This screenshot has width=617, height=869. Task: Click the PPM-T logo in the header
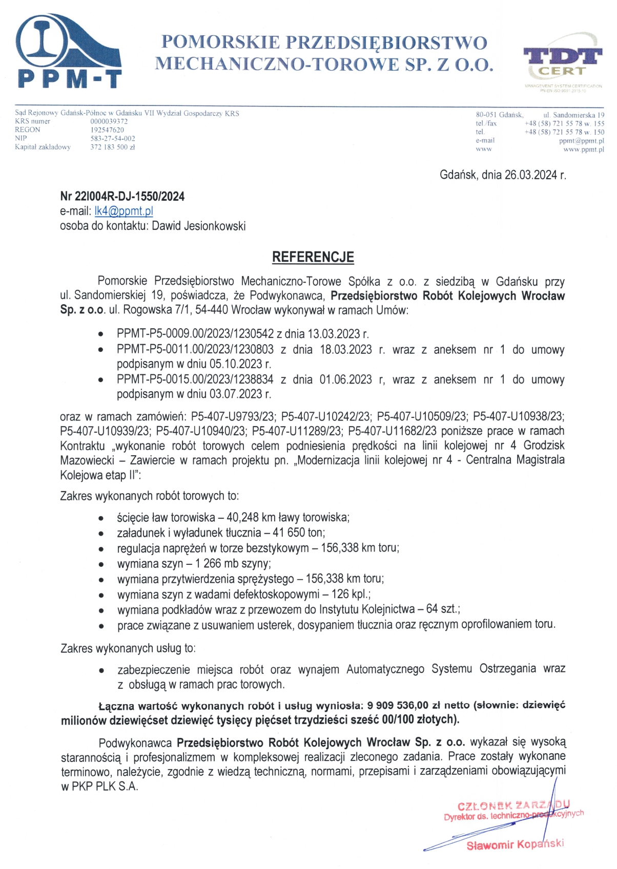(x=69, y=51)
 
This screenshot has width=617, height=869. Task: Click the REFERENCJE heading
(x=313, y=257)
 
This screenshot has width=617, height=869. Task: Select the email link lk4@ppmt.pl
(x=124, y=211)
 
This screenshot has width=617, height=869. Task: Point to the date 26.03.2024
(x=530, y=175)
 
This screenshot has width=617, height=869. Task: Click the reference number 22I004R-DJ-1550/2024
(x=129, y=196)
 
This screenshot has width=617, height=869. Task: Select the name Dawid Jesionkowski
(x=199, y=226)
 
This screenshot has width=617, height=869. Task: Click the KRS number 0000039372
(x=109, y=121)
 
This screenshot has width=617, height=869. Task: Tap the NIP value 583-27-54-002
(x=113, y=138)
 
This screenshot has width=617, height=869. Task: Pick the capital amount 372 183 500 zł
(x=113, y=147)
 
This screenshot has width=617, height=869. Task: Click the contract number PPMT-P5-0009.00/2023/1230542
(x=195, y=334)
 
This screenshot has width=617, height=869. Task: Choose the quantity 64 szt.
(x=443, y=609)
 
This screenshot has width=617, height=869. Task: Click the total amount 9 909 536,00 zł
(x=404, y=705)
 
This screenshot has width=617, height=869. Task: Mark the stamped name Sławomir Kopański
(x=515, y=844)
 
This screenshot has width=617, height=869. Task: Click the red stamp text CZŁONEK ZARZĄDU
(x=512, y=806)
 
